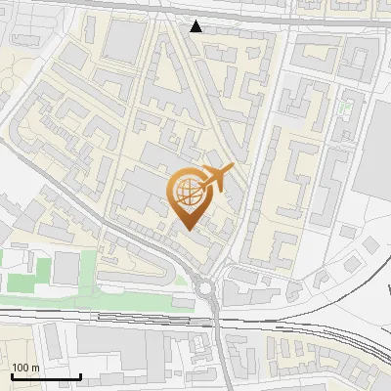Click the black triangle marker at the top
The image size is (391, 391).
(197, 25)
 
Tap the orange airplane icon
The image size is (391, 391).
(220, 179)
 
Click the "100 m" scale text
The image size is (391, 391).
(26, 367)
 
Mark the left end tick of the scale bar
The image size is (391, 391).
(12, 374)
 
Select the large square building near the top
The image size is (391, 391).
(124, 40)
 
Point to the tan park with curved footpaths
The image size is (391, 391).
(20, 98)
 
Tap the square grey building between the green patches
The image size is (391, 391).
(65, 267)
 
